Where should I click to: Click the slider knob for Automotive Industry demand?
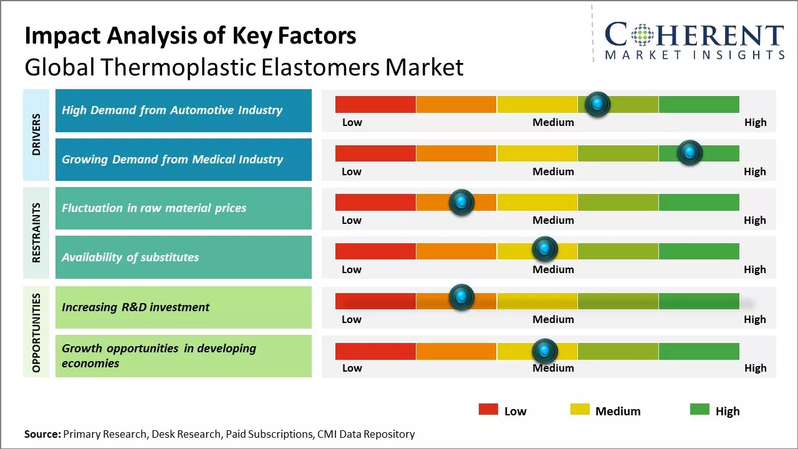click(x=598, y=104)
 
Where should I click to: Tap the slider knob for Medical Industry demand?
click(x=690, y=153)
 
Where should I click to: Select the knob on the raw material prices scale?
click(x=461, y=202)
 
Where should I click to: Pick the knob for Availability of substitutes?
click(x=545, y=249)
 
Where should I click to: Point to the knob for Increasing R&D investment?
click(x=461, y=297)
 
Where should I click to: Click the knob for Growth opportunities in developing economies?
click(x=545, y=351)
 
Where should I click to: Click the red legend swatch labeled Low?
click(x=488, y=410)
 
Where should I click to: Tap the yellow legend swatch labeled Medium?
click(x=580, y=410)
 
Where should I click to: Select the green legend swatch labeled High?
click(x=699, y=410)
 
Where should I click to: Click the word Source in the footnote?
click(x=42, y=434)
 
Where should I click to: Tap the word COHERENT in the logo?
click(x=695, y=36)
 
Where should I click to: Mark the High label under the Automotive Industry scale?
click(x=755, y=122)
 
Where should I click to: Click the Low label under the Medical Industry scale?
click(x=352, y=171)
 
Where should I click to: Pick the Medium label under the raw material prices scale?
click(x=553, y=220)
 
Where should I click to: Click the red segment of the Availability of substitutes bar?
click(x=375, y=251)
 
